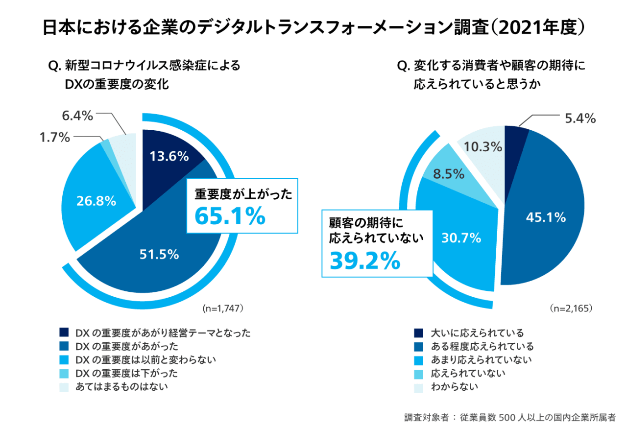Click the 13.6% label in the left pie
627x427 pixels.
pos(169,157)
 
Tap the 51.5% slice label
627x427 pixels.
pos(159,254)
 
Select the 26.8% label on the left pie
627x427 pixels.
pos(96,201)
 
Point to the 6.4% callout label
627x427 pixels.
pos(77,116)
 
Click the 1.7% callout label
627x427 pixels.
pos(54,138)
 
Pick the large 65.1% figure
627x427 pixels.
pos(230,216)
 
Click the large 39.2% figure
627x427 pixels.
pos(365,261)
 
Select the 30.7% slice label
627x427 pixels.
pos(461,238)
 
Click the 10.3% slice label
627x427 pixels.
pos(484,146)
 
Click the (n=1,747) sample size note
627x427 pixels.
pos(222,309)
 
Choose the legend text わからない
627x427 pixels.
pos(454,387)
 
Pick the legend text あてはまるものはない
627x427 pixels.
pos(122,387)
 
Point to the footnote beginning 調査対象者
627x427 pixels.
pos(509,418)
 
